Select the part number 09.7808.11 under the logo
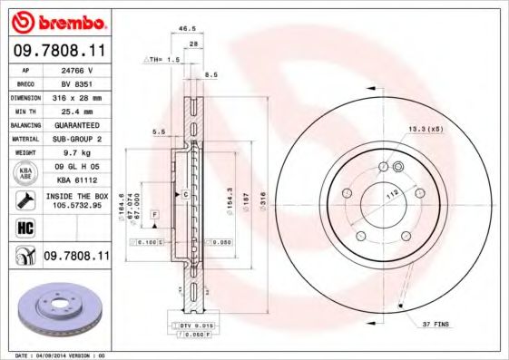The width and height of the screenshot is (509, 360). (x=56, y=52)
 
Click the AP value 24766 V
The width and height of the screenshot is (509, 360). (x=78, y=70)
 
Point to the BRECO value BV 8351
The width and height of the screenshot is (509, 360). (x=78, y=83)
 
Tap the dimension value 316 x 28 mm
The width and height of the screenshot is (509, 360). (x=78, y=95)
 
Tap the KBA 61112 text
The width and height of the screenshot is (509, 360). (x=78, y=180)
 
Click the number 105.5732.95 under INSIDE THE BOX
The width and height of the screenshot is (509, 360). (x=78, y=205)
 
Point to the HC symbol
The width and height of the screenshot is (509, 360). (x=24, y=228)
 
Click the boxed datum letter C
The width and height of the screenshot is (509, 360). (x=184, y=194)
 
